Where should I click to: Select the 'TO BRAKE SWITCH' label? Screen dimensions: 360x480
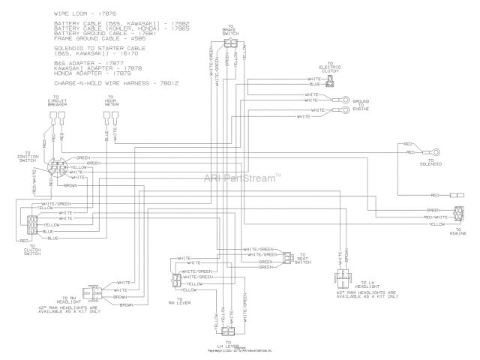click(x=231, y=29)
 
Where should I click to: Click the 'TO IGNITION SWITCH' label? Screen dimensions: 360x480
click(x=27, y=159)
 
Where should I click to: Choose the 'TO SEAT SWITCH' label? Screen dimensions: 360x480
click(x=303, y=259)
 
